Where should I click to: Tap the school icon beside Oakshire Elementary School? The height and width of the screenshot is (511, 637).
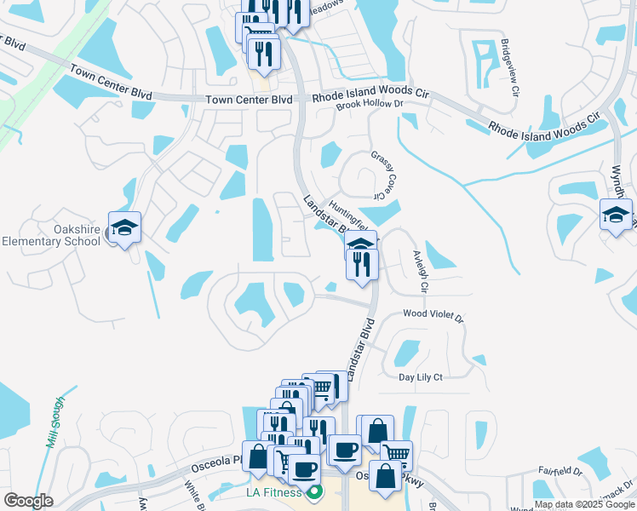(x=124, y=227)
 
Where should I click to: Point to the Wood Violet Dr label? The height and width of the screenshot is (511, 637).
(x=433, y=315)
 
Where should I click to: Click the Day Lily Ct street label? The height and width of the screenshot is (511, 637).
(x=421, y=377)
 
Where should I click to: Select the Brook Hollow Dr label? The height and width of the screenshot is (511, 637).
(x=369, y=104)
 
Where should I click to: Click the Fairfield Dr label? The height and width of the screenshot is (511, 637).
(x=560, y=470)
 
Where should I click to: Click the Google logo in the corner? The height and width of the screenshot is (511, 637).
(x=29, y=501)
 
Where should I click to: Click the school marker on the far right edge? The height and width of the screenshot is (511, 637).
(x=615, y=215)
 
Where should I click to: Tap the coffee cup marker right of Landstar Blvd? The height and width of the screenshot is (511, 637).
(x=345, y=450)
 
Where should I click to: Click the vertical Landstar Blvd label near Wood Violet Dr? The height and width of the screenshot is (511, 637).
(x=360, y=347)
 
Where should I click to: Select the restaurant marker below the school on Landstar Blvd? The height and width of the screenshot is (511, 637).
(x=363, y=264)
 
